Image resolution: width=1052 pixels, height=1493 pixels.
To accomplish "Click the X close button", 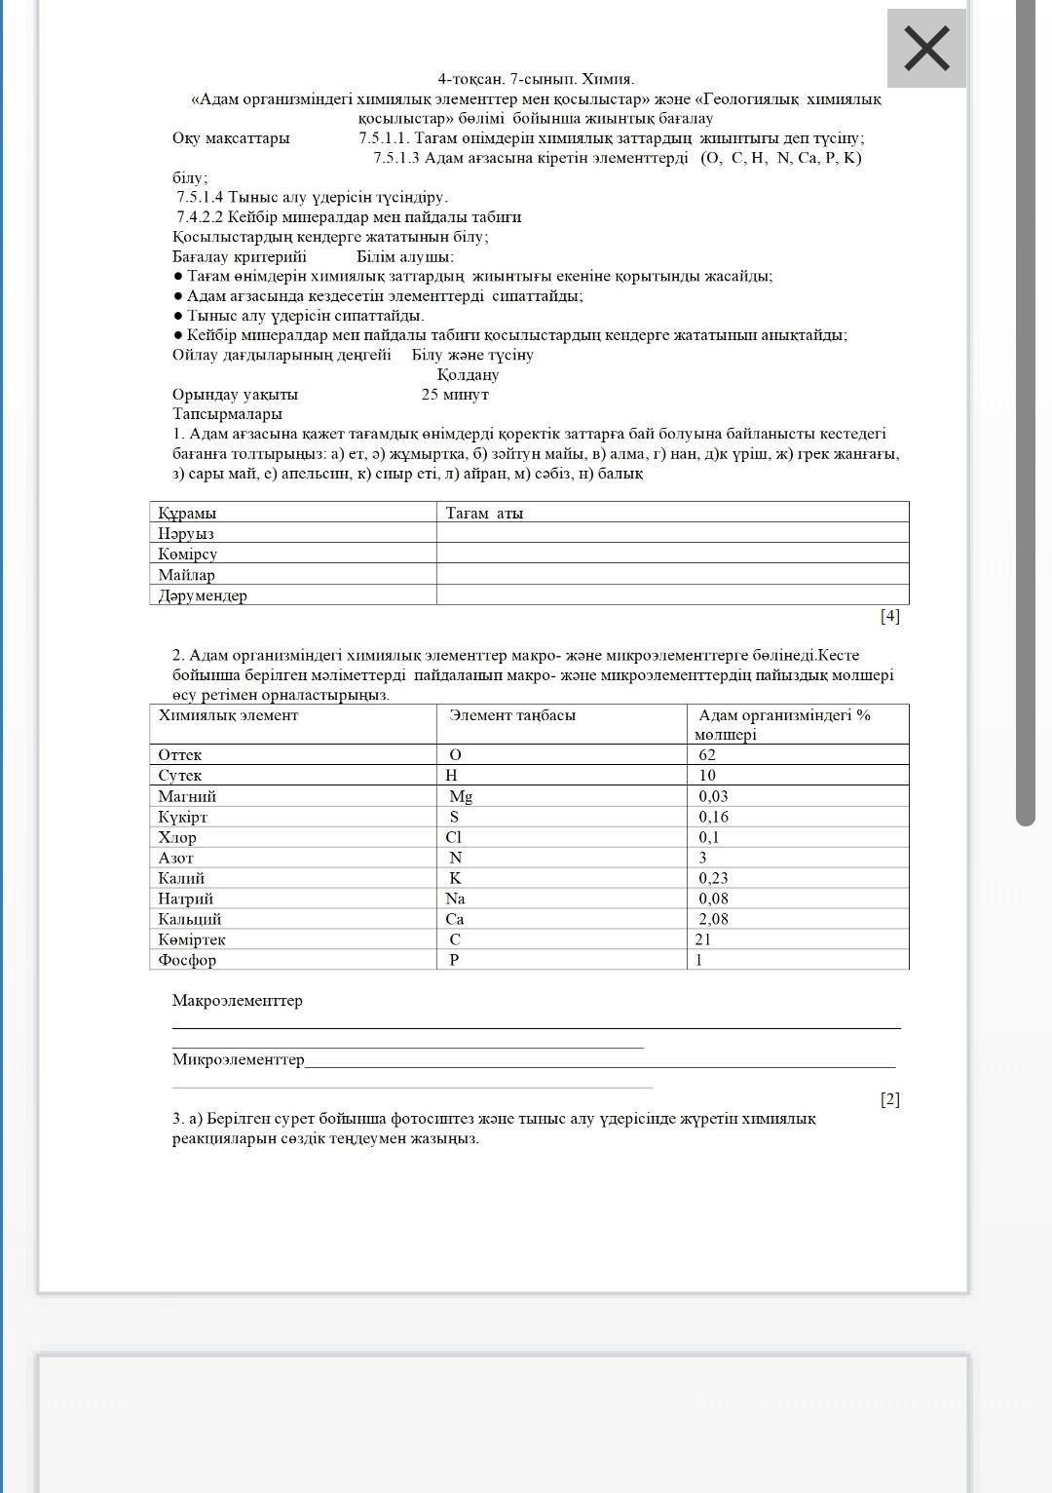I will click(x=926, y=49).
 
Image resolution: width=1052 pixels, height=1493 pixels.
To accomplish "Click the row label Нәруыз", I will click(x=186, y=533).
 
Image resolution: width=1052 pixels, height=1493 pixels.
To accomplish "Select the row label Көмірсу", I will click(x=188, y=554).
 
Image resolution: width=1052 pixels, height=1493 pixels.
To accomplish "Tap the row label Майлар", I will click(x=187, y=575).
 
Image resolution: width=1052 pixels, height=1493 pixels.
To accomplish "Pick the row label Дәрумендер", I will click(x=203, y=595).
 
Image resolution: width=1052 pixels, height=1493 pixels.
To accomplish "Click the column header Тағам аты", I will click(x=484, y=513).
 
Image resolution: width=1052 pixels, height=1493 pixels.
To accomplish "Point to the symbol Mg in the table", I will click(x=461, y=796).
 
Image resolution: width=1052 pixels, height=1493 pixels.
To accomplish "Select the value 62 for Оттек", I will click(x=707, y=754).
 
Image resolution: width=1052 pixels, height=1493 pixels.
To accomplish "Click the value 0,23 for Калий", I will click(x=713, y=878).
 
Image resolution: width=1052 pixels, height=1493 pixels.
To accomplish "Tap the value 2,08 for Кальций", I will click(x=713, y=919).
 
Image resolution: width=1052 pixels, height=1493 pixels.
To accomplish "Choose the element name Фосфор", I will click(x=188, y=960).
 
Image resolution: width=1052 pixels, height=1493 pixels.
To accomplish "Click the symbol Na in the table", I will click(x=455, y=899).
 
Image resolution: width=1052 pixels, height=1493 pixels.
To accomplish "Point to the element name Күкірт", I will click(x=183, y=817).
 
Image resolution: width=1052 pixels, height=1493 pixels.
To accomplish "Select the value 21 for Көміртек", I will click(x=703, y=939).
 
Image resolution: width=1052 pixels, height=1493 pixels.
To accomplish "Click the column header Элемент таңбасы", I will click(x=512, y=715).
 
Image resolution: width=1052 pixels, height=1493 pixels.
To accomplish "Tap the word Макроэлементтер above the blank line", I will click(x=238, y=1000).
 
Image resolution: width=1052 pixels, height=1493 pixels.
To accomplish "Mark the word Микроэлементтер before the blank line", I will click(x=239, y=1059).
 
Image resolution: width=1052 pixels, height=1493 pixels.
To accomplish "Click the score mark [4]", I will click(x=890, y=616).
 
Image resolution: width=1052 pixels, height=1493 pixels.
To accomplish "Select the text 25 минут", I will click(x=455, y=395).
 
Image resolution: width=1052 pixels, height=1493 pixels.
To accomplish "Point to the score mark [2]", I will click(x=890, y=1099).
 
